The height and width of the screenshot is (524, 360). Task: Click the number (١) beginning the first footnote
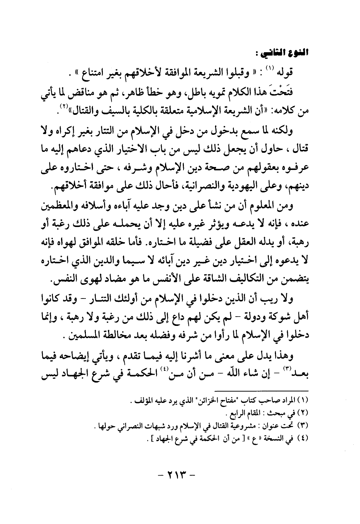tap(304, 400)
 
